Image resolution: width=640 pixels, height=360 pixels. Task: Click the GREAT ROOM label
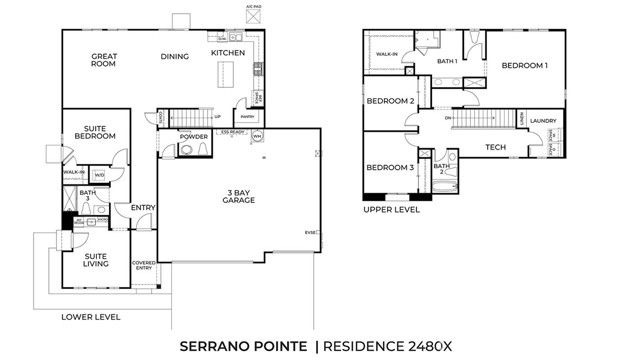pos(104,60)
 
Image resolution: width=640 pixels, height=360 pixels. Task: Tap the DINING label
pos(174,56)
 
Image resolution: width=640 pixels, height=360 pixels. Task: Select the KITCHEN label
pos(228,52)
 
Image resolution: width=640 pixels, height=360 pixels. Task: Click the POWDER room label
pos(194,137)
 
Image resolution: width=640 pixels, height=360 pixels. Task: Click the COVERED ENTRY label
pos(143,265)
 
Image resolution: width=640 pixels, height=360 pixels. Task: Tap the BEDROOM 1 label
pos(524,66)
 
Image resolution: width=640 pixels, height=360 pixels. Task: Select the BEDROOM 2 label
pos(390,101)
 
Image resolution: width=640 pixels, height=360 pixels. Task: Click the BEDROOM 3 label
pos(390,167)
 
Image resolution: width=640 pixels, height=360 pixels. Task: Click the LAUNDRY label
pos(543,120)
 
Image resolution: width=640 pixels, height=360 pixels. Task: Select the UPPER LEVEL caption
pos(391,210)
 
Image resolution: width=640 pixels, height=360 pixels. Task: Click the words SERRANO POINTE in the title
pos(243,345)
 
